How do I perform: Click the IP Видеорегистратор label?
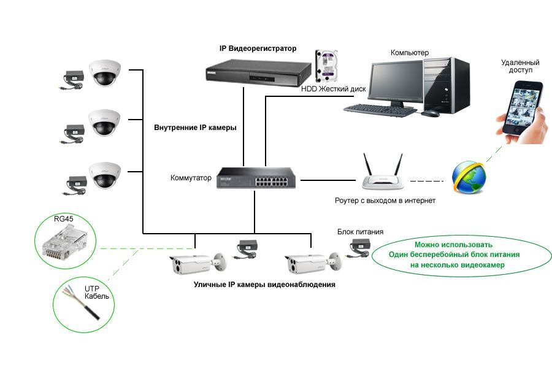coord(258,48)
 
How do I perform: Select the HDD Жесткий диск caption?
coord(333,90)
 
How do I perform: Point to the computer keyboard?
coord(380,109)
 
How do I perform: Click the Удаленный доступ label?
coord(519,66)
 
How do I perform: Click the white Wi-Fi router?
coord(383,179)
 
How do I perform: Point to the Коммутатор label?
coord(191,178)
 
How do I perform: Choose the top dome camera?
coord(102,73)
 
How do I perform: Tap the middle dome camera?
coord(102,123)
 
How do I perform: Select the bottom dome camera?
coord(102,175)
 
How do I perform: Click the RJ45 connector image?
coord(61,243)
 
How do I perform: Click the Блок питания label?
coord(360,232)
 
